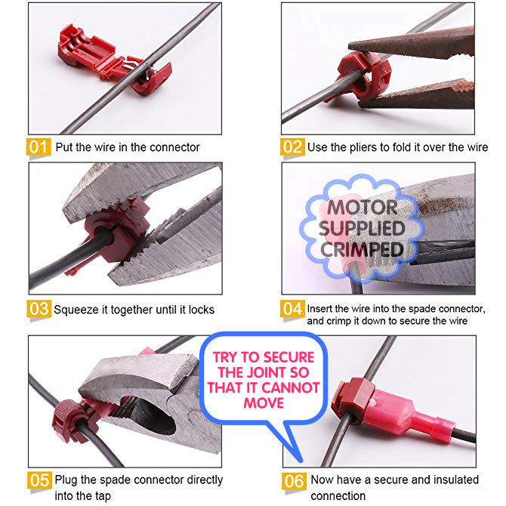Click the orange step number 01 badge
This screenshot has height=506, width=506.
pyautogui.click(x=39, y=147)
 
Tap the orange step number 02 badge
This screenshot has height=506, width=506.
pyautogui.click(x=292, y=147)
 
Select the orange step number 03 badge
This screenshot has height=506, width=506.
pyautogui.click(x=39, y=309)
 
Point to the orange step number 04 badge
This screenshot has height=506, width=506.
pyautogui.click(x=292, y=309)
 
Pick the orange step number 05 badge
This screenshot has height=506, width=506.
pyautogui.click(x=39, y=480)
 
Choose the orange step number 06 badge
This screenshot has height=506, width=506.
pyautogui.click(x=294, y=482)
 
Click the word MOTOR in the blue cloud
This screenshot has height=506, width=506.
pyautogui.click(x=362, y=208)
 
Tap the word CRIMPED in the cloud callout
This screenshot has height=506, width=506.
pyautogui.click(x=362, y=250)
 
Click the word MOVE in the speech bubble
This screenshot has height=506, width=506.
pyautogui.click(x=264, y=403)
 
